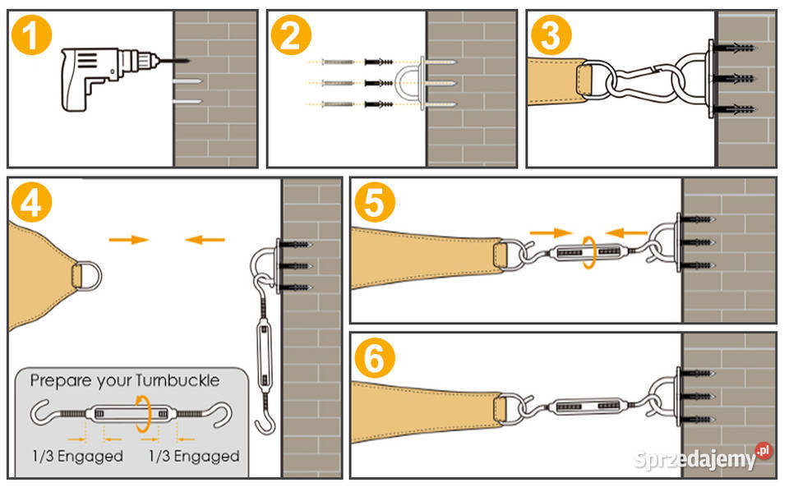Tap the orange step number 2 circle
pos(290,37)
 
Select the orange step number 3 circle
pos(549,37)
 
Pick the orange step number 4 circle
pos(31,204)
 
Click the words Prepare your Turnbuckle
pos(125,381)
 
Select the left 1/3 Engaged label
pos(77,456)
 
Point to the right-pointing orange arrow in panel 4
pos(129,240)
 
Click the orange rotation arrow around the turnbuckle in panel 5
pos(589,252)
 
